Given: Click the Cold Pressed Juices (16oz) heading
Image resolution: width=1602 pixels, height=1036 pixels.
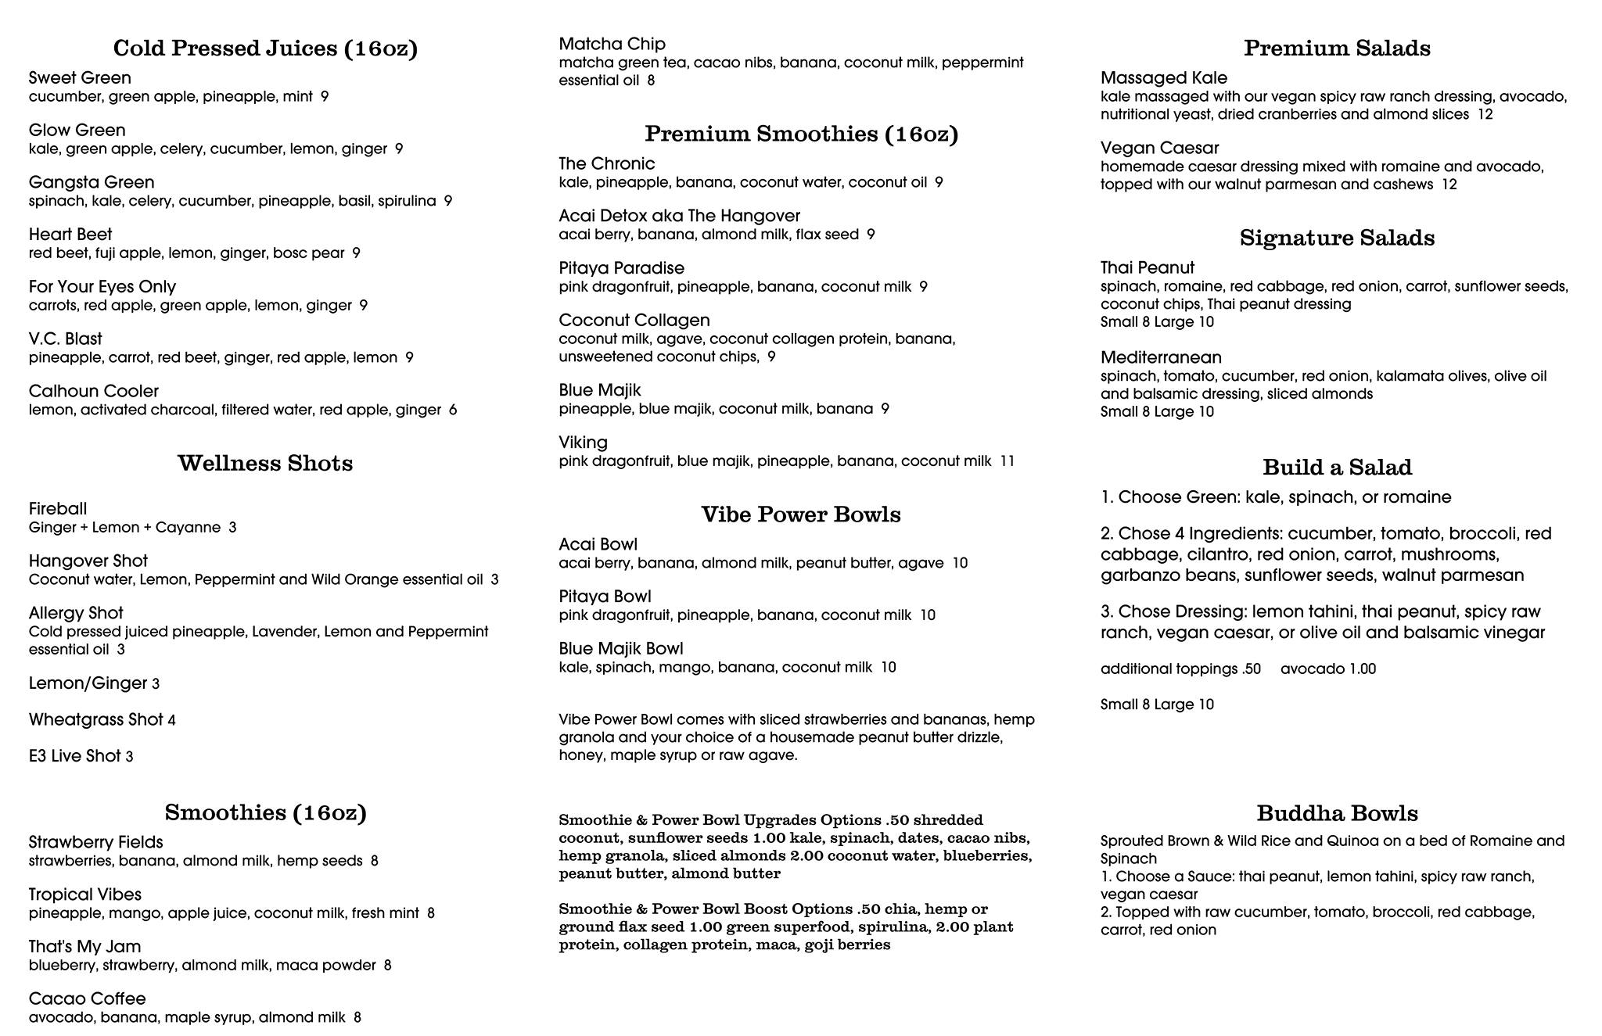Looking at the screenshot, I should pos(265,48).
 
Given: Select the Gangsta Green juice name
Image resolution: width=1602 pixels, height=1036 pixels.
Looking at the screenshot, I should pos(92,182).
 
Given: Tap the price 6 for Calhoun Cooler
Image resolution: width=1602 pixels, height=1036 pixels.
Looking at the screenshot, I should pos(453,410).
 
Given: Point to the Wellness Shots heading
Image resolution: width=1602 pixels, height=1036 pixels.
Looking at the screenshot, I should pos(265,463).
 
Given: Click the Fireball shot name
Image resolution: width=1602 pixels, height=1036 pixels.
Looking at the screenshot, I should pos(58,509).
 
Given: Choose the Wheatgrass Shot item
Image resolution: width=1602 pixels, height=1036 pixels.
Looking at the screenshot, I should pos(95,719).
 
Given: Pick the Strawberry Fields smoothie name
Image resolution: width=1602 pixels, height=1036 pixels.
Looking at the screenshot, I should pos(95,842).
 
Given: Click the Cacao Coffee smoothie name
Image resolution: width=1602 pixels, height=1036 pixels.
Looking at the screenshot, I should pos(87,998).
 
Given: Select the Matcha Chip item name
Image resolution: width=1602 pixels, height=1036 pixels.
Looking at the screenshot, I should pos(612,44).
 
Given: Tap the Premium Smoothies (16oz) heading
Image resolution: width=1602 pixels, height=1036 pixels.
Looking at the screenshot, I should pos(801,134).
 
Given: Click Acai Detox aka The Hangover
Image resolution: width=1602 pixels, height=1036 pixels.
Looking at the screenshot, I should pos(679,216).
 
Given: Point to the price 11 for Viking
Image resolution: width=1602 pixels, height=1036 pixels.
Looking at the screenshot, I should pos(1007,461).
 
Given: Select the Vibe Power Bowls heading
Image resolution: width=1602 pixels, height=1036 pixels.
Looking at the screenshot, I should pos(801,514).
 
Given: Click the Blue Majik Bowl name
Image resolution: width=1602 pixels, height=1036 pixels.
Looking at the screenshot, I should pos(620,649).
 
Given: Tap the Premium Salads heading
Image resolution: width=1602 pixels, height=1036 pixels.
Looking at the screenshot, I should pos(1337,48).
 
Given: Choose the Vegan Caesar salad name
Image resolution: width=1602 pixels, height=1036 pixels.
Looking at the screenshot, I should pos(1159,148).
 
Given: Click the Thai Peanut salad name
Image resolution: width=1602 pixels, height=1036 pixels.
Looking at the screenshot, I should pos(1147,267).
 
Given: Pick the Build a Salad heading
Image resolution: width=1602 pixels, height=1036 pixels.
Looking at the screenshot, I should pos(1337,468).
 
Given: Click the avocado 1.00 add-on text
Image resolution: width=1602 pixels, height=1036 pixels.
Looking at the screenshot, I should pos(1327,669).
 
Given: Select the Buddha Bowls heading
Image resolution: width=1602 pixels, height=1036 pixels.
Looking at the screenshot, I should pos(1337,813).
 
